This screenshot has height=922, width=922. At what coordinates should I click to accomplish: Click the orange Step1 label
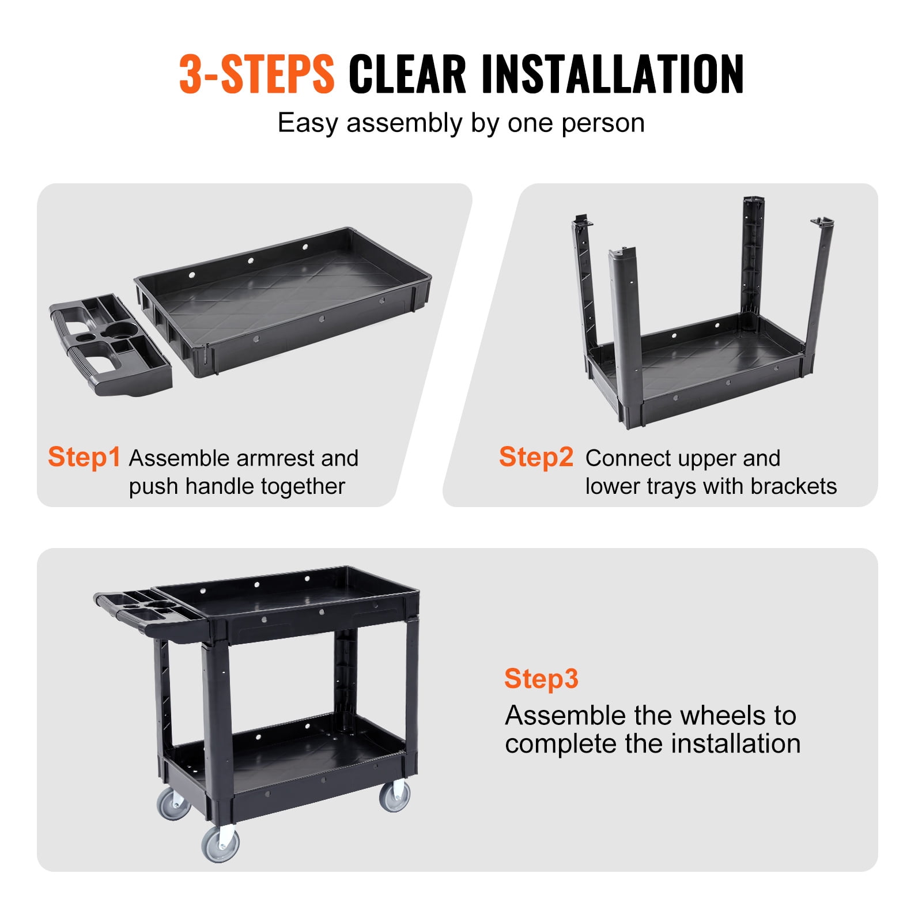[84, 457]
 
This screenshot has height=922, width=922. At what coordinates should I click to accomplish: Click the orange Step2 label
[536, 457]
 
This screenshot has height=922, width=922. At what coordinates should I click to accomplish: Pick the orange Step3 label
[541, 678]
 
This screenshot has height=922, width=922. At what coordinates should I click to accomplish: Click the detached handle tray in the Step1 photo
[109, 346]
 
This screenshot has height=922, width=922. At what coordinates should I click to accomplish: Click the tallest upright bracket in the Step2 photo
[752, 259]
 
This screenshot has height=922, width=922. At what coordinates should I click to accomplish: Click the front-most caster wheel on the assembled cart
[220, 845]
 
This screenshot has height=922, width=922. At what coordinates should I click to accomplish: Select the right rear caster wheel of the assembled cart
[395, 796]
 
